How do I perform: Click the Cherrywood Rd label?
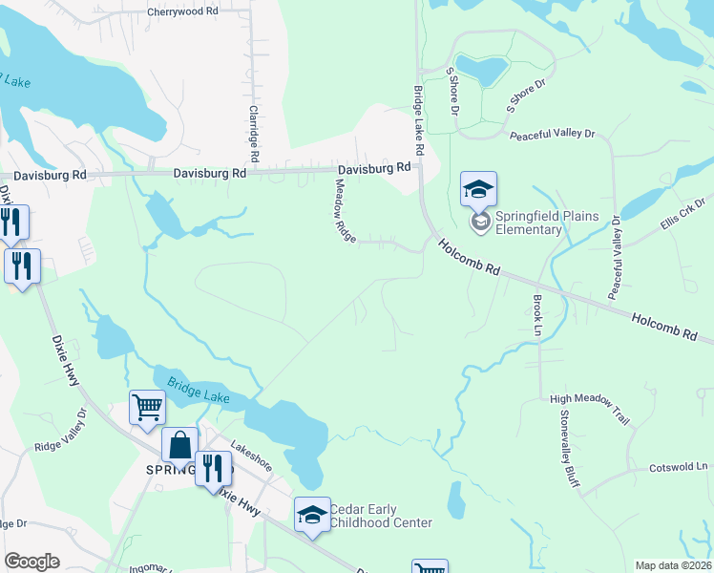tap(182, 12)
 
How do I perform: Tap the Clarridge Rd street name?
tap(254, 132)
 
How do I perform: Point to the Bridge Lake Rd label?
tap(418, 121)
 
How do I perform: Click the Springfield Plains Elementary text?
tap(540, 223)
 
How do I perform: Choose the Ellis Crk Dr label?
tap(681, 215)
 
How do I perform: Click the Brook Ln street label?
tap(536, 313)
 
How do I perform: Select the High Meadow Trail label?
tap(590, 408)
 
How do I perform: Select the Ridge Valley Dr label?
tap(61, 431)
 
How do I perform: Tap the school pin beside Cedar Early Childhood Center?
tap(311, 516)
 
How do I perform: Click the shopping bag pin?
tap(180, 445)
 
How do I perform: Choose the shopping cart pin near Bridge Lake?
tap(147, 408)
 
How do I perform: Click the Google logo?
tap(31, 562)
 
